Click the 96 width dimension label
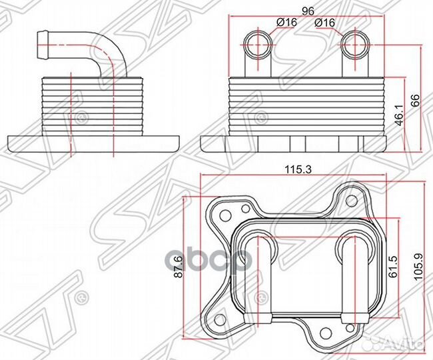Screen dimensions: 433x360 pos(308,11)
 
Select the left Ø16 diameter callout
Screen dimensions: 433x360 pos(287,23)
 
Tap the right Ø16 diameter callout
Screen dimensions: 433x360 pos(324,23)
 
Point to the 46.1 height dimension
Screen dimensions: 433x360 pos(400,115)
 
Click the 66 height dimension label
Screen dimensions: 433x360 pos(415,100)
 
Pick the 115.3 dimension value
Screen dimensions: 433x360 pos(298,169)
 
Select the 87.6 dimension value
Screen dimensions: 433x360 pos(179,267)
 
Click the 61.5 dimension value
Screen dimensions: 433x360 pos(393,267)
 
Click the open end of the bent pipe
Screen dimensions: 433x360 pos(43,45)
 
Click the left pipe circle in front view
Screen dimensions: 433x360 pos(258,44)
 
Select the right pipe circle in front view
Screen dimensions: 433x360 pos(355,44)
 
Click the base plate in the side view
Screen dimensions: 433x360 pos(94,143)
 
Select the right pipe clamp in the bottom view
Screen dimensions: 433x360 pos(355,318)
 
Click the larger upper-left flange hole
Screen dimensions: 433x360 pos(226,215)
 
